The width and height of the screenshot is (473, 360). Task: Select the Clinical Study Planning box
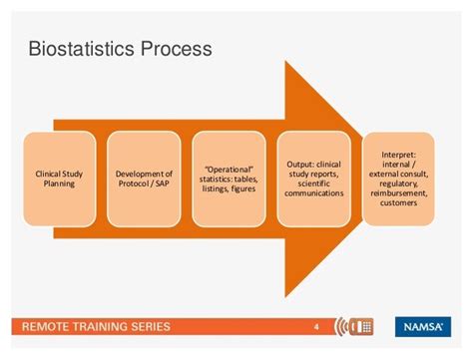click(60, 178)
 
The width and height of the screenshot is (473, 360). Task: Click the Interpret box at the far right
click(399, 178)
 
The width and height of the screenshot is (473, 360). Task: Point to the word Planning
click(60, 184)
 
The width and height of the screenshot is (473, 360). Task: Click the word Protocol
click(135, 184)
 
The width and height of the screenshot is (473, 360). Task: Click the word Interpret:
click(399, 155)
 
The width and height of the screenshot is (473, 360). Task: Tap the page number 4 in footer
click(317, 325)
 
